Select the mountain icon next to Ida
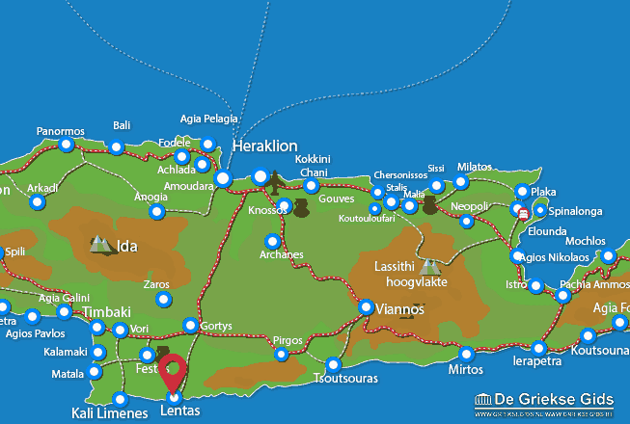(101, 245)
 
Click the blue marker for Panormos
(67, 145)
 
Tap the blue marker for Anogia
(156, 211)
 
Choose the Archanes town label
(281, 255)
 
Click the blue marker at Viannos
(367, 307)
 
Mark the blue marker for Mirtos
(467, 354)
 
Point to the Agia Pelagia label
(208, 119)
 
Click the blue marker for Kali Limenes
(120, 399)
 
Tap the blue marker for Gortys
(190, 326)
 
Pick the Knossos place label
(267, 209)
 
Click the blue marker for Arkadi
(38, 202)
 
